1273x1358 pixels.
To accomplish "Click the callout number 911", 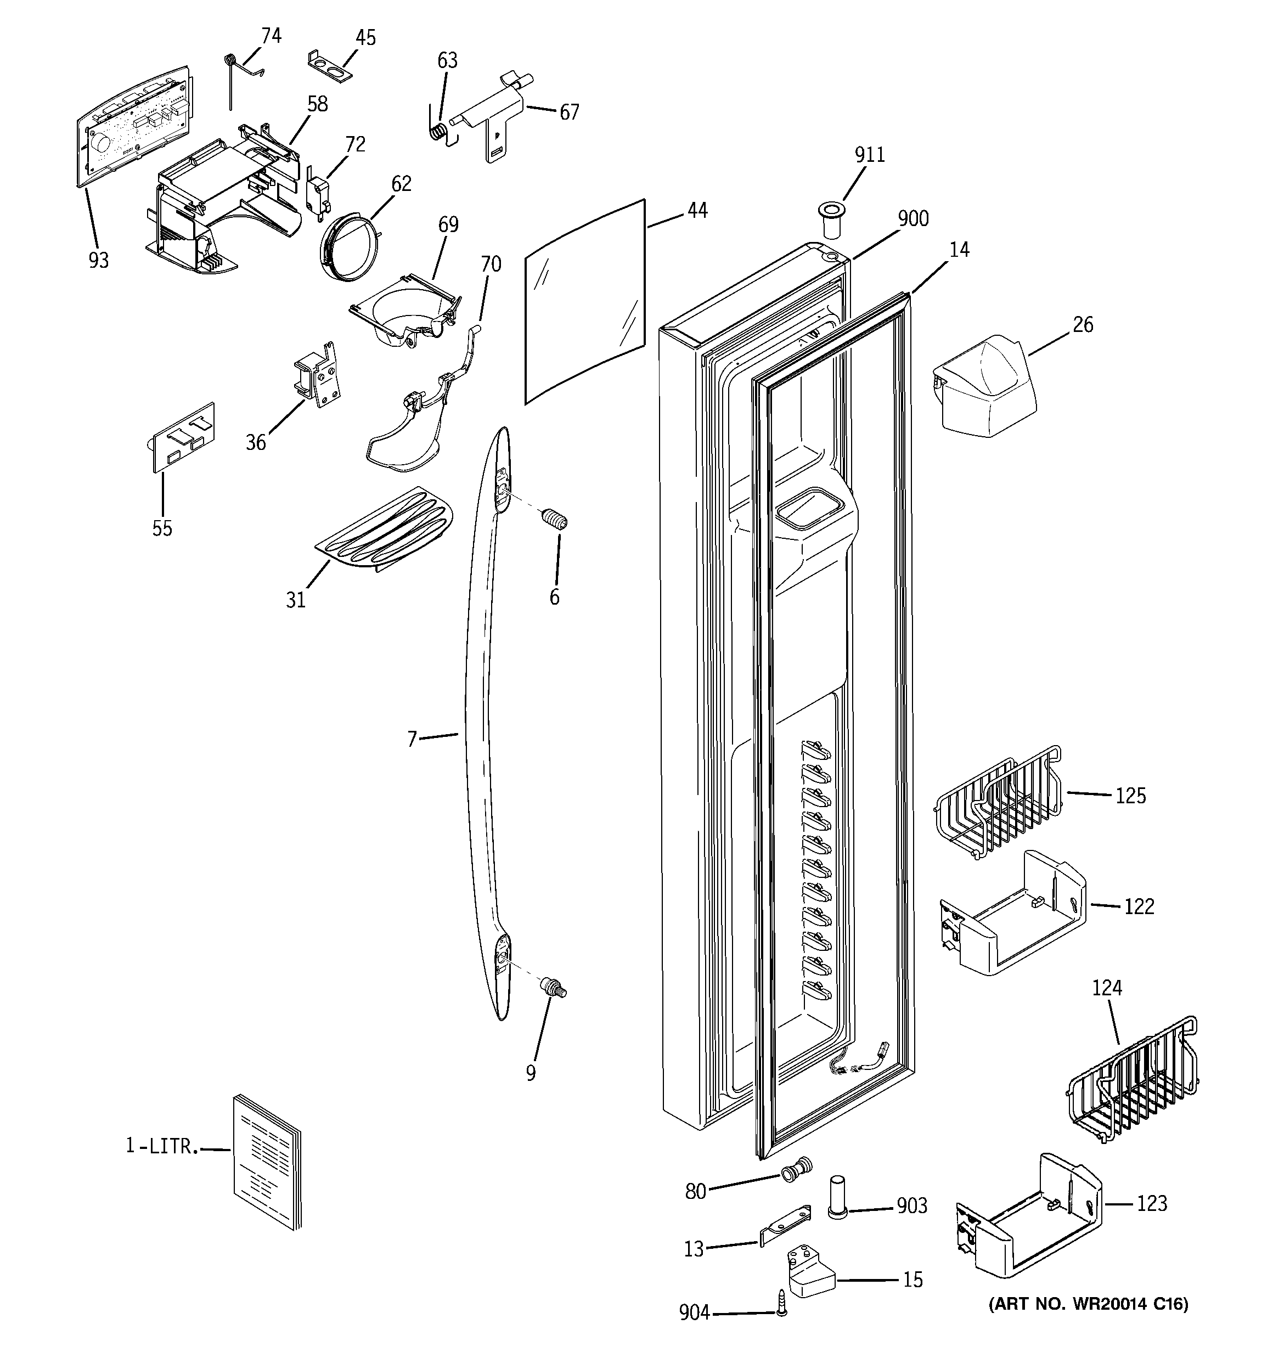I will click(869, 155).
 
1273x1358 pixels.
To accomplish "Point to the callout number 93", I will click(98, 260).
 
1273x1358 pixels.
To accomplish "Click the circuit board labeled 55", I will click(182, 436).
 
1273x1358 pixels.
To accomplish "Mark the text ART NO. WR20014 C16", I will click(1089, 1304).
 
